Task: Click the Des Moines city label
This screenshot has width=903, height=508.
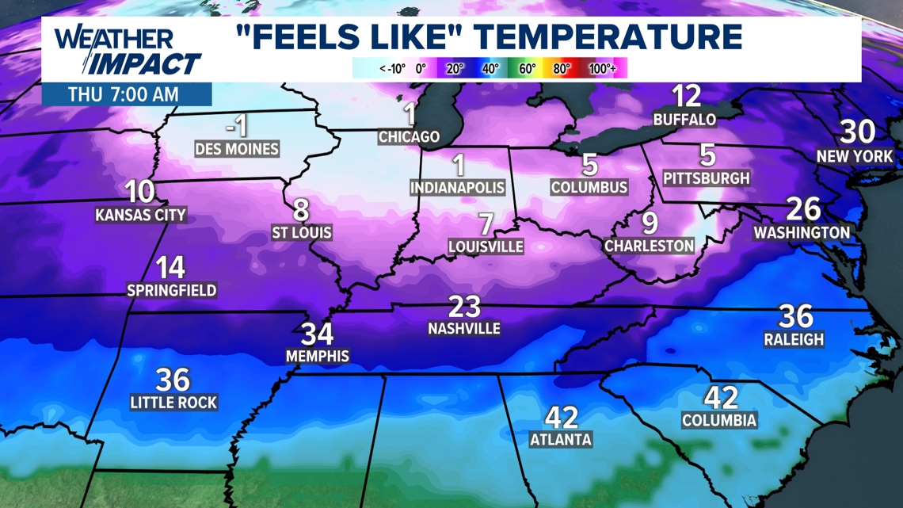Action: click(x=237, y=148)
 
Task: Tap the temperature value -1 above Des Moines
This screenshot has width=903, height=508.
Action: click(x=236, y=125)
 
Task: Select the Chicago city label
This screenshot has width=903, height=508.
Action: click(x=409, y=136)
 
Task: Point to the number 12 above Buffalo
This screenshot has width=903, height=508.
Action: click(x=686, y=97)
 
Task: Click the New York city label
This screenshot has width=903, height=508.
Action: click(x=855, y=156)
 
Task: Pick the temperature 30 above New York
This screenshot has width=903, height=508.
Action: click(x=857, y=131)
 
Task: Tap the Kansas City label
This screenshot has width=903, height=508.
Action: click(x=140, y=215)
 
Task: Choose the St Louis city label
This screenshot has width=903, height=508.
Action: click(x=301, y=233)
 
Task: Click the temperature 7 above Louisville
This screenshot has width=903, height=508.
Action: click(x=486, y=223)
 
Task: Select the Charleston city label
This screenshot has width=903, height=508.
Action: click(x=649, y=246)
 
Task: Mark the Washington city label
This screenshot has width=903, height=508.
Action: click(x=802, y=233)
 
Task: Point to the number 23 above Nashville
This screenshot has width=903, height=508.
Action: click(x=464, y=306)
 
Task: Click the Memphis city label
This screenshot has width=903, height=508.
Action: click(x=317, y=356)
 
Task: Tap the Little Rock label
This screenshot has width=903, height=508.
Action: click(x=173, y=403)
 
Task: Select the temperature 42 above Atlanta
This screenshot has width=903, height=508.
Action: click(x=562, y=417)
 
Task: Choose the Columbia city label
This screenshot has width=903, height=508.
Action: click(x=718, y=420)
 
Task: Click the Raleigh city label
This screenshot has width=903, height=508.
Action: click(x=794, y=339)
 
